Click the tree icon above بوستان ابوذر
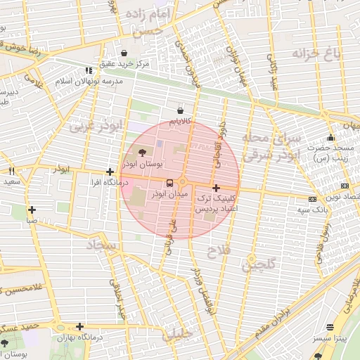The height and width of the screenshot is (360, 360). point(143,152)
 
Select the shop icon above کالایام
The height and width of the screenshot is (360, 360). point(181,111)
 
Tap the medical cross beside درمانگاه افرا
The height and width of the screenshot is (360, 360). point(110,172)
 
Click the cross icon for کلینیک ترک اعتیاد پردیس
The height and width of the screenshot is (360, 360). point(215,188)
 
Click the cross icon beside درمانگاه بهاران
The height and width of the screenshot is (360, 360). point(79,326)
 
